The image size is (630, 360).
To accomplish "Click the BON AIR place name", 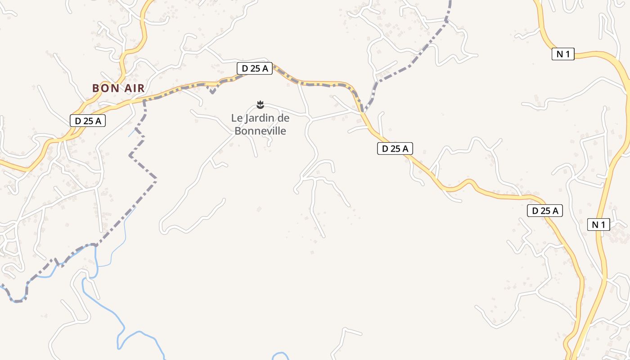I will pyautogui.click(x=119, y=88).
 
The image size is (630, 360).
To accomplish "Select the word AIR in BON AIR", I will pyautogui.click(x=134, y=88).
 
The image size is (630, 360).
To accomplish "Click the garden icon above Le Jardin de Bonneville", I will pyautogui.click(x=260, y=105).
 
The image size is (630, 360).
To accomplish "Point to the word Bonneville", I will pyautogui.click(x=260, y=131).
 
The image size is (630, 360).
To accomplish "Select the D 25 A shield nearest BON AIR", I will pyautogui.click(x=88, y=121).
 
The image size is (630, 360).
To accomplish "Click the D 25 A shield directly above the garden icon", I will pyautogui.click(x=255, y=68).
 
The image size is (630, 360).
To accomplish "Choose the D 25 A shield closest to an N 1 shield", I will pyautogui.click(x=545, y=211).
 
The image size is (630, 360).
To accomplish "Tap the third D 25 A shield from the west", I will pyautogui.click(x=395, y=148).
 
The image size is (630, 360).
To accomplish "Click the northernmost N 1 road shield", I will pyautogui.click(x=563, y=54).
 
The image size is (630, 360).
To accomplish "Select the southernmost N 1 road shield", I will pyautogui.click(x=598, y=225).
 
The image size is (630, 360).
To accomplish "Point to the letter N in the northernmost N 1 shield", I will pyautogui.click(x=560, y=54).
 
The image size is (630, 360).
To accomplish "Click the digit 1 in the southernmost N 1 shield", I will pyautogui.click(x=603, y=225).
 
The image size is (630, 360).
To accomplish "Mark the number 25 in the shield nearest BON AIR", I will pyautogui.click(x=88, y=121).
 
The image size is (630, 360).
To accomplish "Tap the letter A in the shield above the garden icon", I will pyautogui.click(x=265, y=68).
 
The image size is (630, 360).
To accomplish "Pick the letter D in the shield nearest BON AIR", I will pyautogui.click(x=77, y=121).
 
